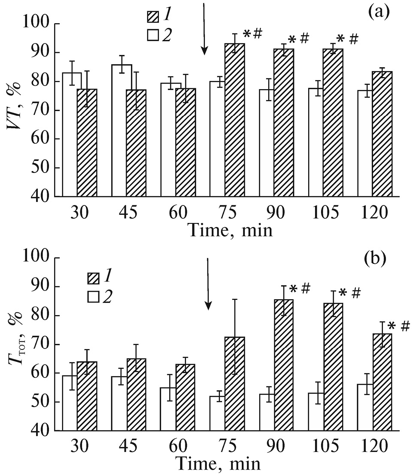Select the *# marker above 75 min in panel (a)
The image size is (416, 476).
(x=252, y=33)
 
